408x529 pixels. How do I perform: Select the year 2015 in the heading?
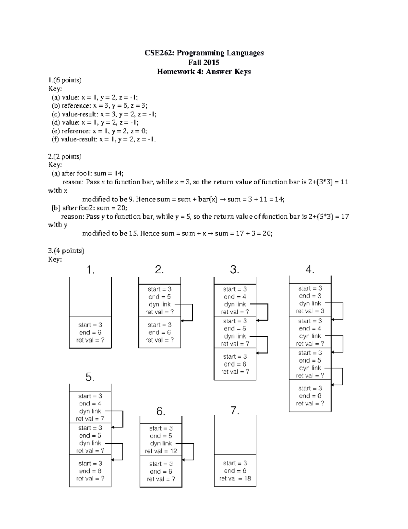[212, 62]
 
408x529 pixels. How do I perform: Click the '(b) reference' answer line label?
[70, 106]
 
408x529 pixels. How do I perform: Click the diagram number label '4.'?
[310, 270]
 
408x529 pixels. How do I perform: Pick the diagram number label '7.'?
[235, 410]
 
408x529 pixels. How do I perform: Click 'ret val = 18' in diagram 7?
[235, 478]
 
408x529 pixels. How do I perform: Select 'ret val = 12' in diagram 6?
[161, 451]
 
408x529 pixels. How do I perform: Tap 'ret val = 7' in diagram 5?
[90, 419]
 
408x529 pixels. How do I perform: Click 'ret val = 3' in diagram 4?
[310, 311]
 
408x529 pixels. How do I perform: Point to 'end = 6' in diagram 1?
[90, 332]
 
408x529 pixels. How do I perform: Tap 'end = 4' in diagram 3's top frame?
[235, 297]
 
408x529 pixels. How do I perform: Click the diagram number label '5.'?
[90, 377]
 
